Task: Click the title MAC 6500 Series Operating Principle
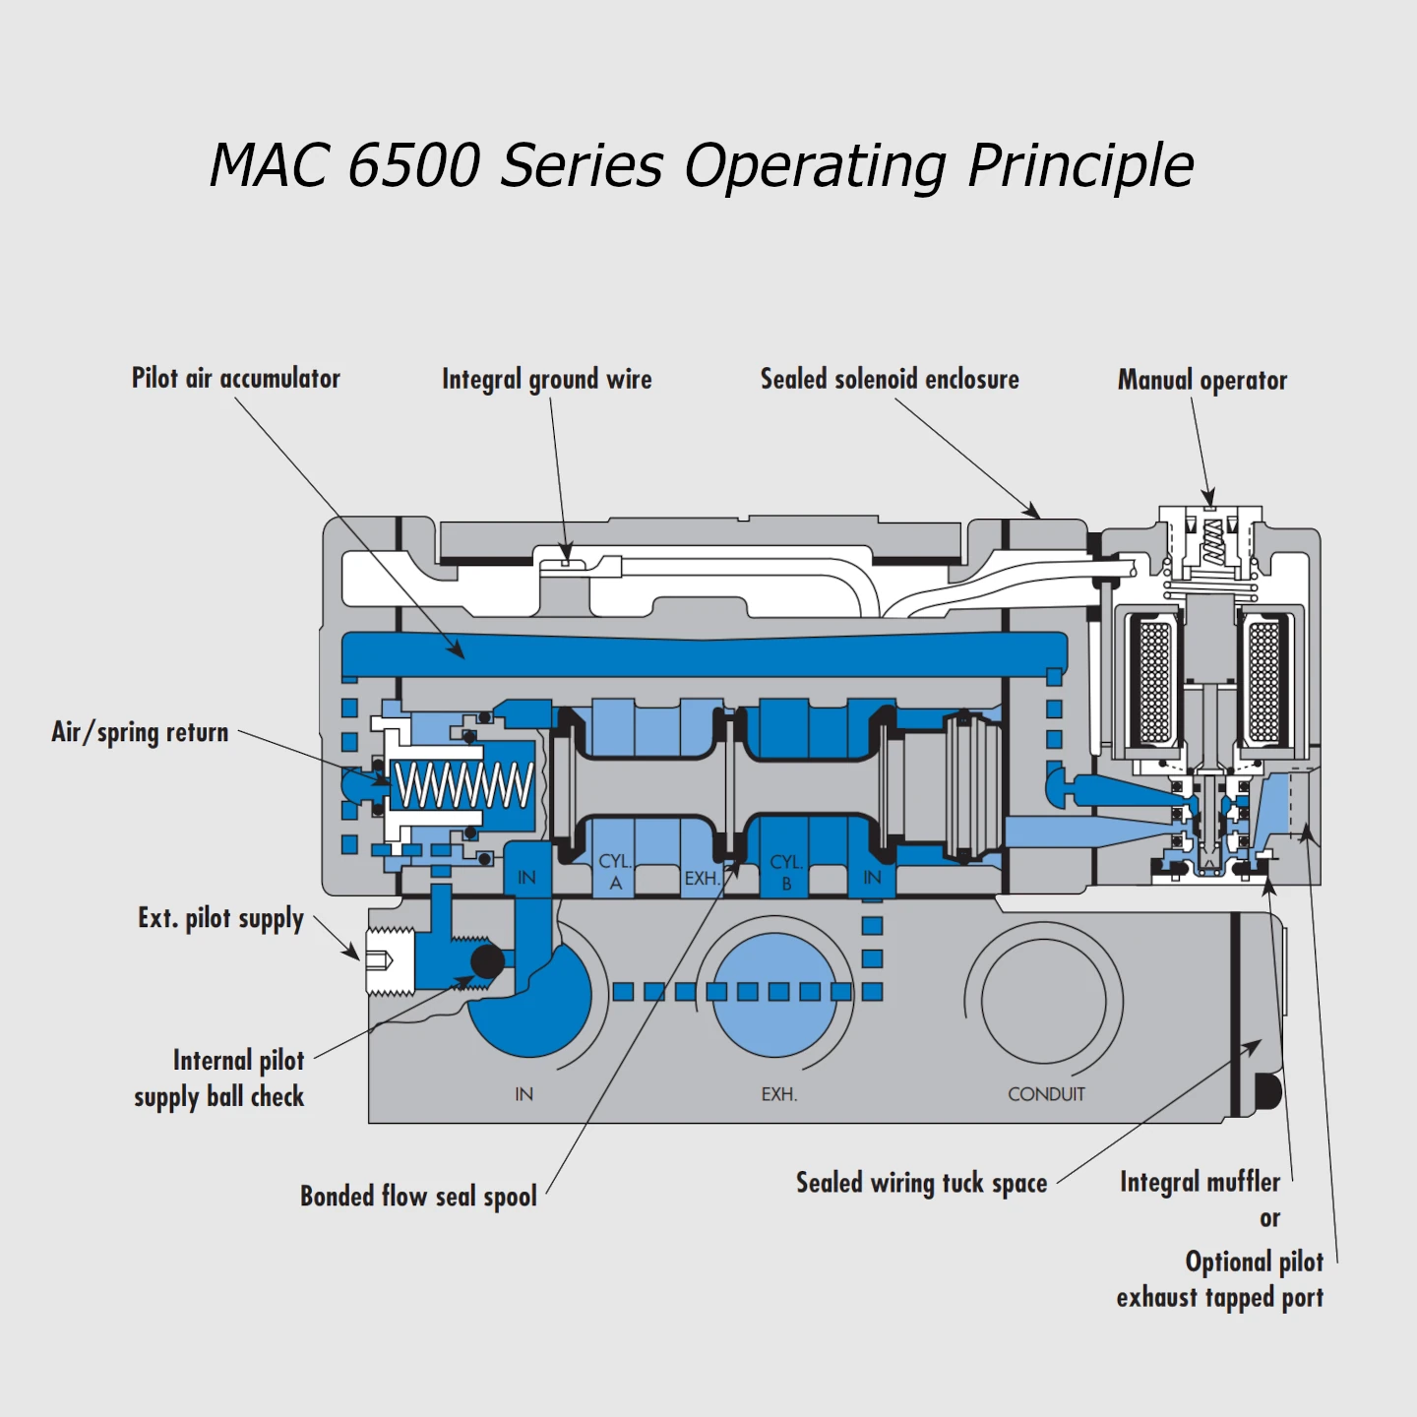702,164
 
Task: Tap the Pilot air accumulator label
235,379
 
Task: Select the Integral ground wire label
546,380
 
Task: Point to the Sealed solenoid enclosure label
890,380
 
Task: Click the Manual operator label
1201,381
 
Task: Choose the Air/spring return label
140,732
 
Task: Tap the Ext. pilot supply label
220,919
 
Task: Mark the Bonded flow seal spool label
418,1197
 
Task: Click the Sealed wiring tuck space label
921,1183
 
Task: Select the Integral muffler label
1200,1182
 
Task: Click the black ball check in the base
487,961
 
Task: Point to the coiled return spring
462,785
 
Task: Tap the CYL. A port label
615,872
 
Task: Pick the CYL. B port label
785,872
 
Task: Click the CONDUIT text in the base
1046,1094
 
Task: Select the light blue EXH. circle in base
774,994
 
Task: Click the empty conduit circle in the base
1044,1001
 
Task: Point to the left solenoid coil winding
1153,681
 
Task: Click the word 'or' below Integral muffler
1269,1218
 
